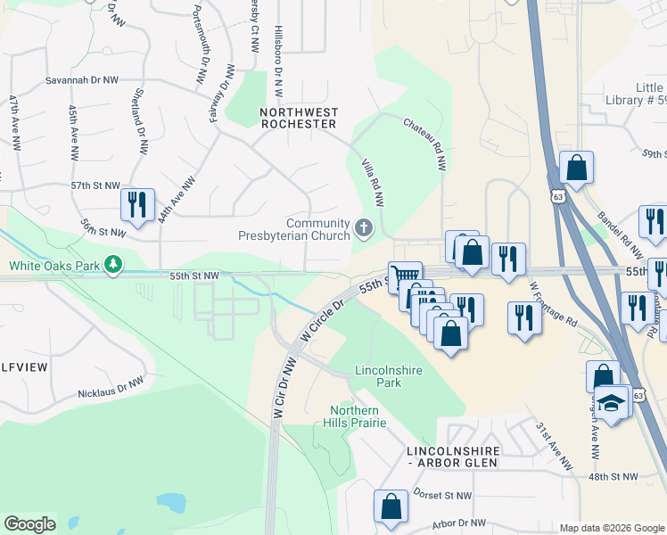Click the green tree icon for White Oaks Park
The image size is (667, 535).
click(113, 264)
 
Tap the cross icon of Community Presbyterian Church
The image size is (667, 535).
click(363, 229)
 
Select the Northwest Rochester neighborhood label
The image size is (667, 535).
click(299, 118)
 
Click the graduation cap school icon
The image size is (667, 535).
click(613, 402)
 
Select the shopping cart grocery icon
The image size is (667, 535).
click(404, 276)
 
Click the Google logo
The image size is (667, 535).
click(29, 524)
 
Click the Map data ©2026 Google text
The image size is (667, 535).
click(611, 528)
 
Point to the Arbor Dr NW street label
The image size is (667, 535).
click(458, 523)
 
